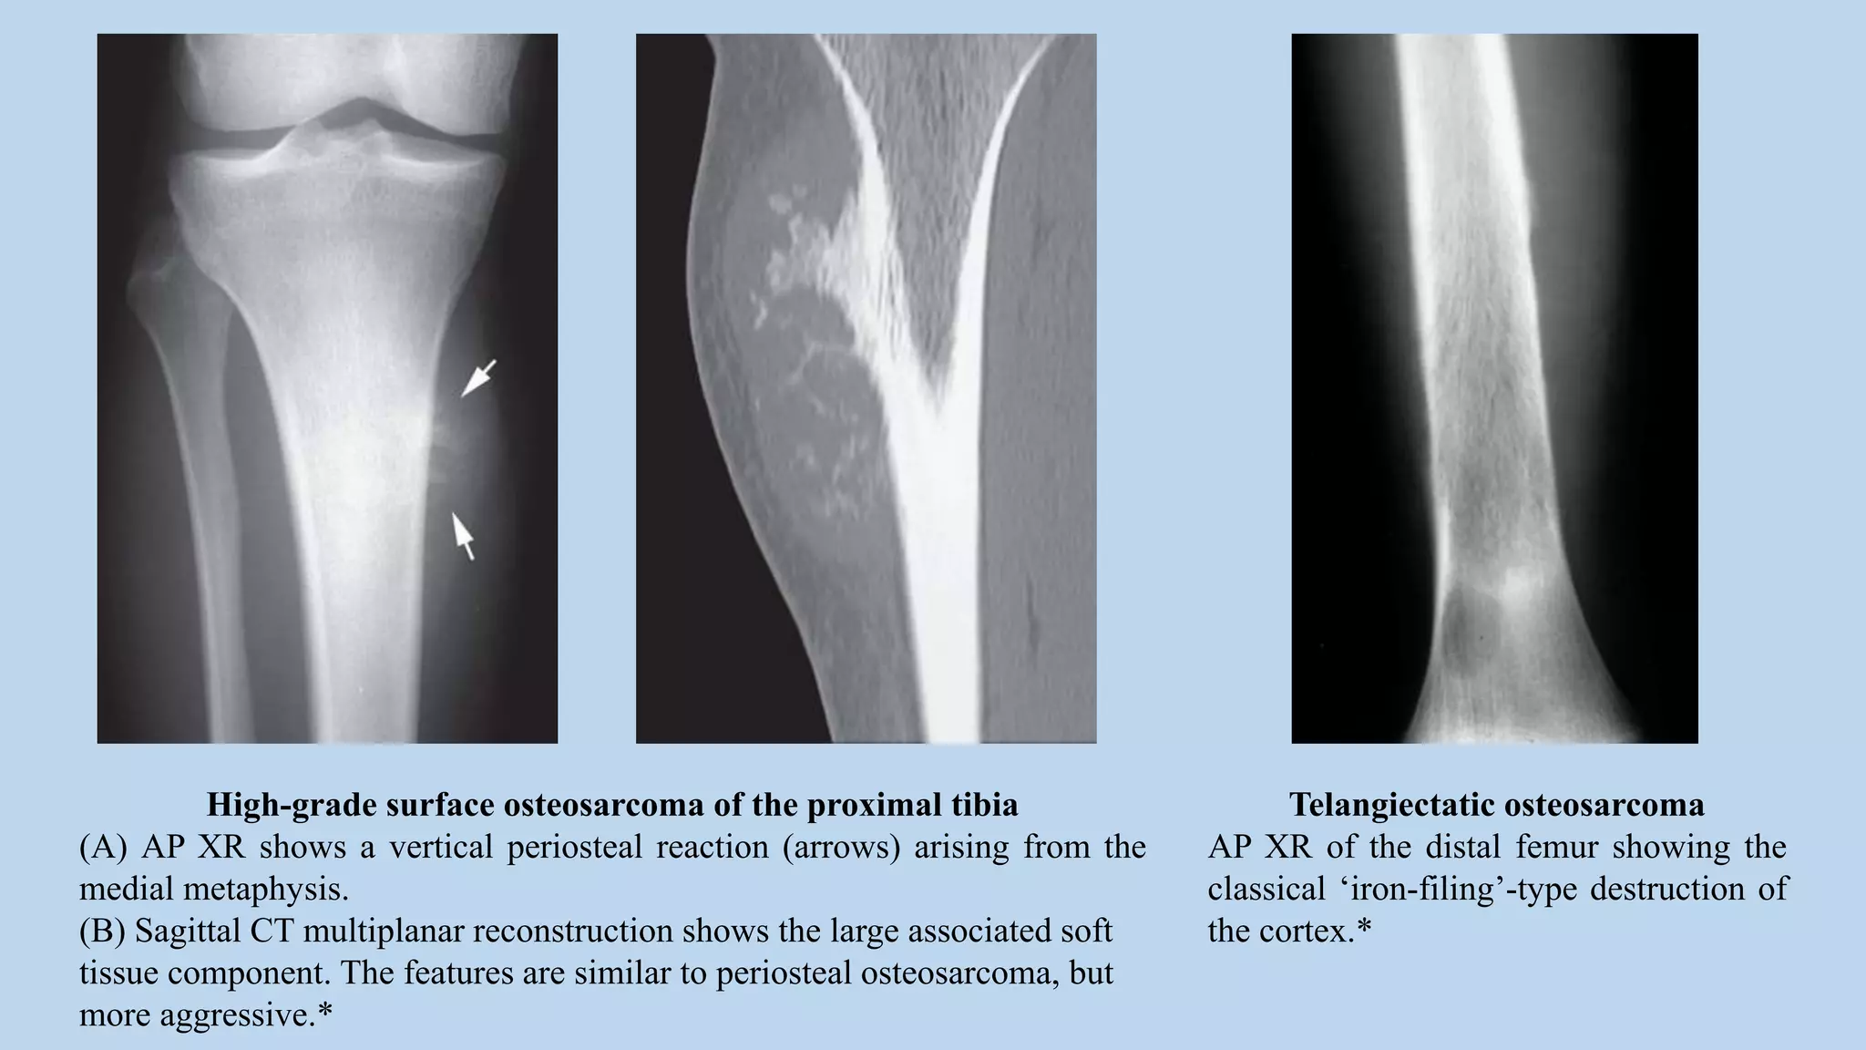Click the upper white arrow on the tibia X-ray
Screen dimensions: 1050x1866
click(478, 377)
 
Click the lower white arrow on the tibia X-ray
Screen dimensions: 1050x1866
click(464, 536)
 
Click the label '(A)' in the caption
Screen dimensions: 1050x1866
click(103, 848)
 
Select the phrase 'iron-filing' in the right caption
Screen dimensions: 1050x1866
click(1427, 890)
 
